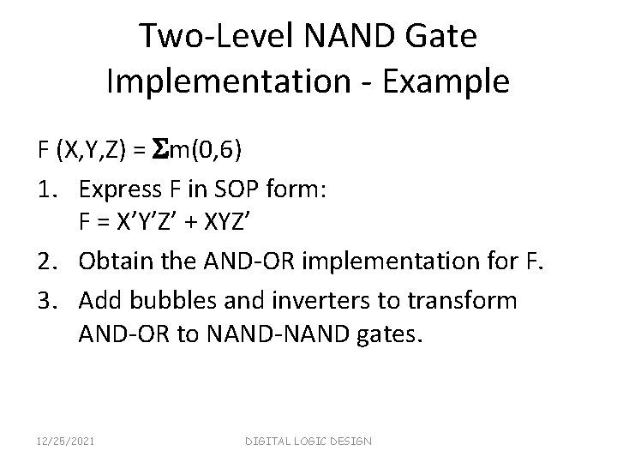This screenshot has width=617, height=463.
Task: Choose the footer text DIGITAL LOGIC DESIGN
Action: click(x=308, y=441)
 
